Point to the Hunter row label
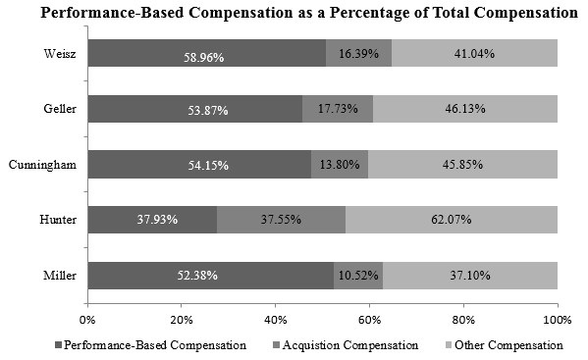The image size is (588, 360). click(60, 220)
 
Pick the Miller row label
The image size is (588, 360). click(61, 275)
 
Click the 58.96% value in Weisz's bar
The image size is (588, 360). click(204, 57)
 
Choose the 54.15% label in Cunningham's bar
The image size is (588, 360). click(204, 166)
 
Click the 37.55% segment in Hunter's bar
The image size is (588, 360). click(281, 220)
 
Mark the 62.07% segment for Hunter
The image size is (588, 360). click(452, 220)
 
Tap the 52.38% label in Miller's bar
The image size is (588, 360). click(204, 275)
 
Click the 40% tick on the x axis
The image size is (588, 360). click(275, 319)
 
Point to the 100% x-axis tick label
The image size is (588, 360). click(557, 319)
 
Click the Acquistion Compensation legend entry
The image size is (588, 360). click(347, 345)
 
